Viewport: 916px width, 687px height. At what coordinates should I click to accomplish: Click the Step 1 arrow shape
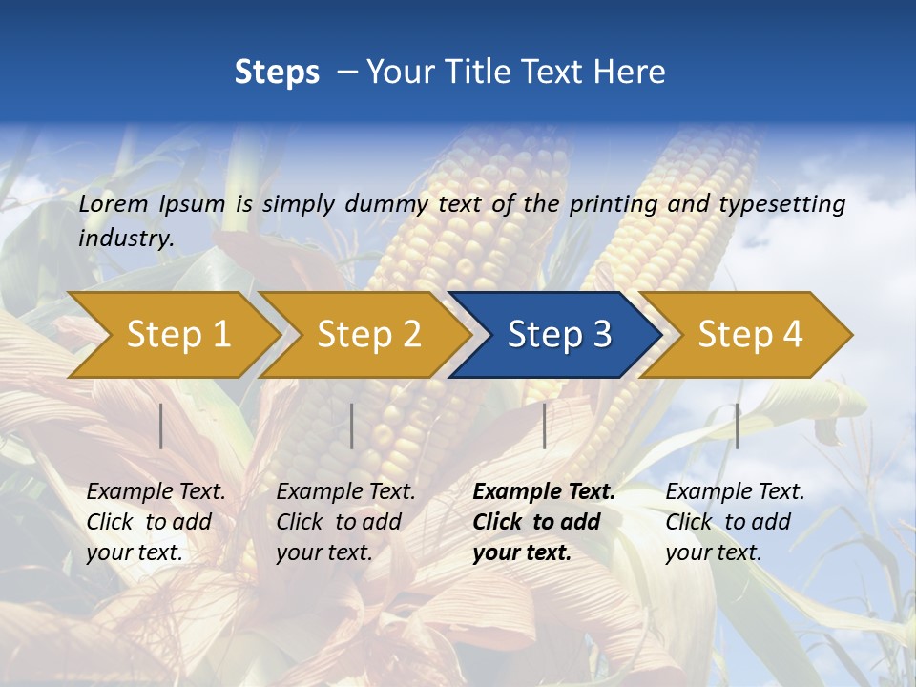(x=177, y=335)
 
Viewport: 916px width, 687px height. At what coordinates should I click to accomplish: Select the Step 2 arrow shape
(x=367, y=335)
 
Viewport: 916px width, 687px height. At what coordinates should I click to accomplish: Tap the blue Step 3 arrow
(x=558, y=335)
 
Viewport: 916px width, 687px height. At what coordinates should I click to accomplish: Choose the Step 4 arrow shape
(x=749, y=335)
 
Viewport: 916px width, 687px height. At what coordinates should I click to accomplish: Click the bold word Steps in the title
(x=277, y=73)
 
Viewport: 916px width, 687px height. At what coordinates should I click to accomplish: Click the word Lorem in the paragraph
(x=114, y=204)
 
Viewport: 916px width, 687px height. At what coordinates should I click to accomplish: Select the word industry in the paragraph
(x=125, y=239)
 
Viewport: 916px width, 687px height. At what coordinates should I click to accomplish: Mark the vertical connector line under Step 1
(x=161, y=426)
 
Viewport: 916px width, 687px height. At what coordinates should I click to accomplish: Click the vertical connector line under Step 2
(x=352, y=426)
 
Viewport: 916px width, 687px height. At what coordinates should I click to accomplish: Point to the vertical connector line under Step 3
(x=545, y=426)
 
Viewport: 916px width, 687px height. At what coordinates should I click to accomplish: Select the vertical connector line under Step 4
(x=737, y=426)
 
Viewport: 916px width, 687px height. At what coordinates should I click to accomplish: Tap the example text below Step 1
(x=155, y=522)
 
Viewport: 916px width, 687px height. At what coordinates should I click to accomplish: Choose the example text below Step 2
(x=344, y=522)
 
